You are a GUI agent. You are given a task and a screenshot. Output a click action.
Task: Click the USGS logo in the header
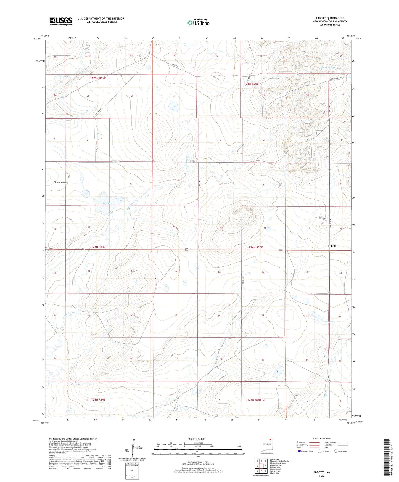click(61, 21)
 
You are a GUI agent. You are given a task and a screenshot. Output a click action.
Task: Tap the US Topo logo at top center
click(198, 23)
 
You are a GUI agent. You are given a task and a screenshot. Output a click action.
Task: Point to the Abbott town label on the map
click(332, 246)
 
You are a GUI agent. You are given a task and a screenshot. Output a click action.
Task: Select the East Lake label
click(328, 322)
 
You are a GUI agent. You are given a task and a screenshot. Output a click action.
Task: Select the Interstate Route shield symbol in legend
click(300, 451)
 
